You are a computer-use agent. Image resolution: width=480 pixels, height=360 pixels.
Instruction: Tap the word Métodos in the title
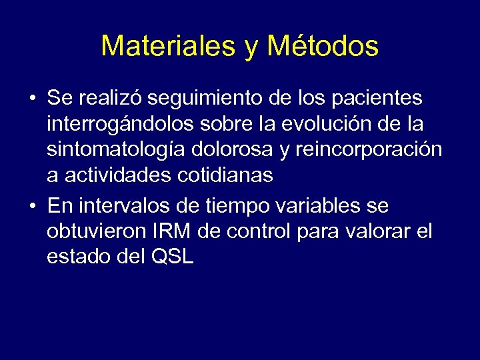323,46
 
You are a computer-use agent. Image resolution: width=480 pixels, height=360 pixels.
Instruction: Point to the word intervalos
120,207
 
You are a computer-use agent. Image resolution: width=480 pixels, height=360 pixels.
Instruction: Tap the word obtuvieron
93,232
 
